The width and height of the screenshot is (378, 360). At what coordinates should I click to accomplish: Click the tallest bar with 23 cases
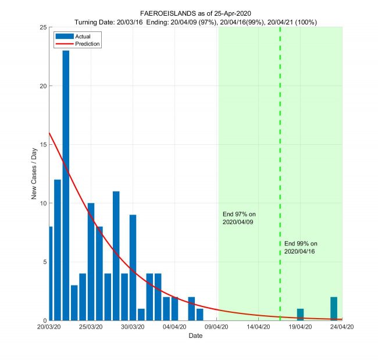tap(66, 186)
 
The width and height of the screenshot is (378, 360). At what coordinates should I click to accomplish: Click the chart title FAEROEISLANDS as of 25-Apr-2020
tap(195, 13)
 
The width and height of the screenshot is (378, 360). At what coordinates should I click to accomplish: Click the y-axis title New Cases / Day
tap(34, 174)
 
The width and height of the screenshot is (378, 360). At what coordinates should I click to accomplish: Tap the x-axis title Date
tap(195, 337)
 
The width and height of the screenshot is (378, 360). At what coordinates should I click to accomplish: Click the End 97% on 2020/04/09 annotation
tap(239, 218)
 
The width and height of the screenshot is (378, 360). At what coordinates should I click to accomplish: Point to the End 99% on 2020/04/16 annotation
tap(301, 247)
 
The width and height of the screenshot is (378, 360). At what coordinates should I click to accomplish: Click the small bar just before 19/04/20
tap(300, 315)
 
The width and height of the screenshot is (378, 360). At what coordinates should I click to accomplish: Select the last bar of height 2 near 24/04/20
tap(334, 309)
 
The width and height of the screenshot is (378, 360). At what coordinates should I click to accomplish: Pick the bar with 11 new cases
tap(116, 256)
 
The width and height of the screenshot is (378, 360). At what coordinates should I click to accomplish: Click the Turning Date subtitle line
tap(195, 22)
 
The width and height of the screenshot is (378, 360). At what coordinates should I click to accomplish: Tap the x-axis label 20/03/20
tap(49, 327)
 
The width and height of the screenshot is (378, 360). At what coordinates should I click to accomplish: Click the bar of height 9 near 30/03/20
tap(133, 268)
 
